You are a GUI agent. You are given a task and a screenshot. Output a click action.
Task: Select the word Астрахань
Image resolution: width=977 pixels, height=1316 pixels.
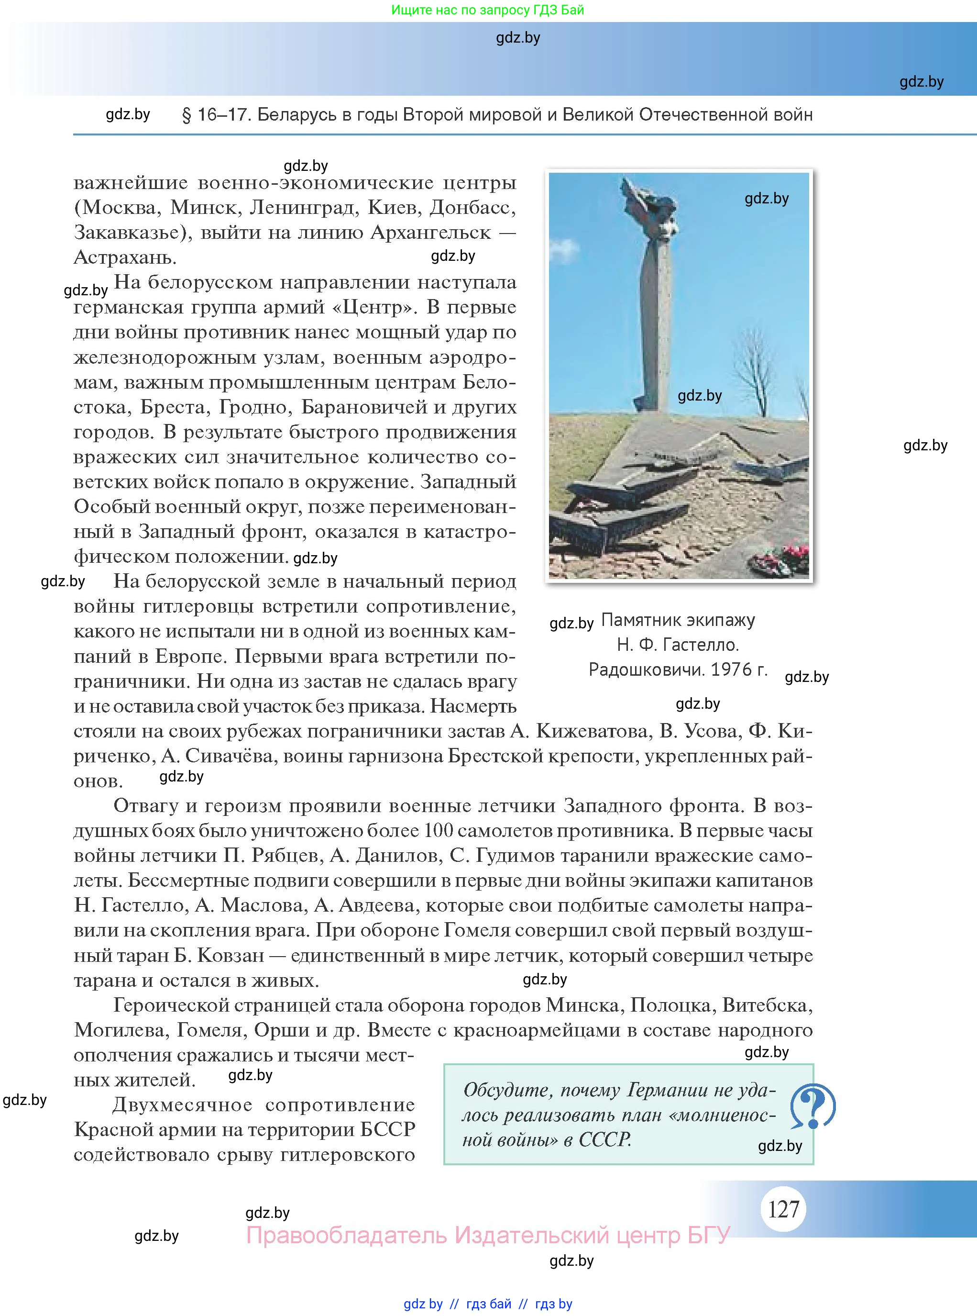click(x=125, y=257)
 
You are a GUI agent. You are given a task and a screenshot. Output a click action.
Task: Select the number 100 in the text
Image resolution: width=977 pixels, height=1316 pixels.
click(x=438, y=831)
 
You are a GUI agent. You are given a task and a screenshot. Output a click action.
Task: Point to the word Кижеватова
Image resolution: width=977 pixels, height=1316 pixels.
click(x=592, y=731)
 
